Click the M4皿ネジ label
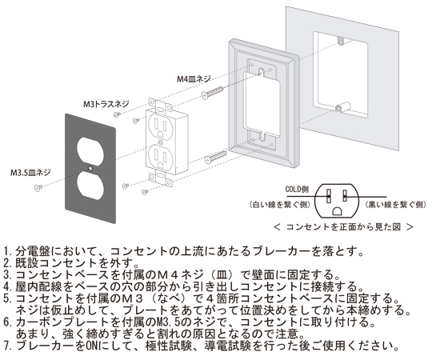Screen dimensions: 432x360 click(194, 79)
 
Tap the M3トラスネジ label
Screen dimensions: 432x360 click(106, 104)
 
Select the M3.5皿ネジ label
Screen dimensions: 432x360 click(30, 173)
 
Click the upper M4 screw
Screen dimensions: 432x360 click(214, 93)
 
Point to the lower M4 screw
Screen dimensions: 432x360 click(216, 158)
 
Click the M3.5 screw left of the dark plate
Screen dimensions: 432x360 click(38, 188)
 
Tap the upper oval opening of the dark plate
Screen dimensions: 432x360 click(90, 149)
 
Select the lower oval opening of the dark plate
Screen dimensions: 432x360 click(90, 185)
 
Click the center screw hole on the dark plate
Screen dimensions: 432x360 click(90, 167)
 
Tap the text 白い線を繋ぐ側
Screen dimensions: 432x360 click(280, 205)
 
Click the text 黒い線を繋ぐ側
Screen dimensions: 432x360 click(395, 205)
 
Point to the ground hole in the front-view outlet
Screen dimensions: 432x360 click(338, 211)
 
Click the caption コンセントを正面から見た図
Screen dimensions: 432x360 click(343, 227)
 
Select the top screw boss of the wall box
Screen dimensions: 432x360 click(342, 42)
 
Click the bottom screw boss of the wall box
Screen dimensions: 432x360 click(342, 107)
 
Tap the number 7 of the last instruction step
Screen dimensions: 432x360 click(6, 346)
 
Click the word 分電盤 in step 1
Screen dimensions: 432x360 click(34, 251)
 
